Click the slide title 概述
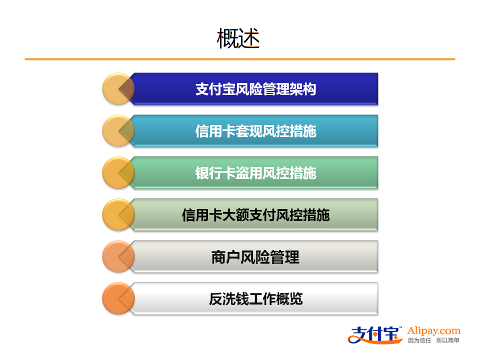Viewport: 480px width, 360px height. pyautogui.click(x=238, y=38)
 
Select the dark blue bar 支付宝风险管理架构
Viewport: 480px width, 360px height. pyautogui.click(x=255, y=89)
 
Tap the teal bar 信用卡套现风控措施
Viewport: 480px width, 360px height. pyautogui.click(x=255, y=130)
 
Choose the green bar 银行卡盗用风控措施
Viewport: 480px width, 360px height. pyautogui.click(x=255, y=172)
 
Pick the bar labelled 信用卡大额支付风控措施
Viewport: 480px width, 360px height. pyautogui.click(x=255, y=214)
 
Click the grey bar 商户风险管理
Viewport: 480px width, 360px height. pyautogui.click(x=255, y=256)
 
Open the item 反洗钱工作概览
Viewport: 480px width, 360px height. pyautogui.click(x=255, y=298)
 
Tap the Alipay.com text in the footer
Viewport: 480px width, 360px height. pyautogui.click(x=434, y=330)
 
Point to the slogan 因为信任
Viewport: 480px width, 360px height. pyautogui.click(x=419, y=340)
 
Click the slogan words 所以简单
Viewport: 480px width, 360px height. pyautogui.click(x=447, y=340)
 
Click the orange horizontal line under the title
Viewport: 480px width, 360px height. pyautogui.click(x=240, y=59)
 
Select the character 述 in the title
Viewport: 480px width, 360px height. pyautogui.click(x=249, y=38)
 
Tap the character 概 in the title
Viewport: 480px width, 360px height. pyautogui.click(x=227, y=38)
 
